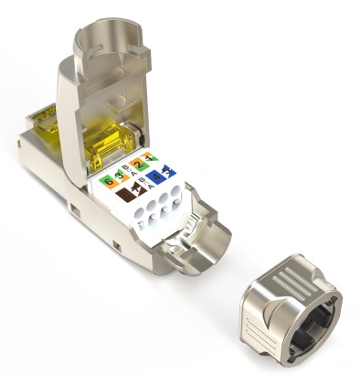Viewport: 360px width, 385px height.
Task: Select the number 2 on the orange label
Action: (139, 164)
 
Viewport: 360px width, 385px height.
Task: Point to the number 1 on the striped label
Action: (150, 159)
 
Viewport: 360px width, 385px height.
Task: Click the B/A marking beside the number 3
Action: (129, 171)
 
